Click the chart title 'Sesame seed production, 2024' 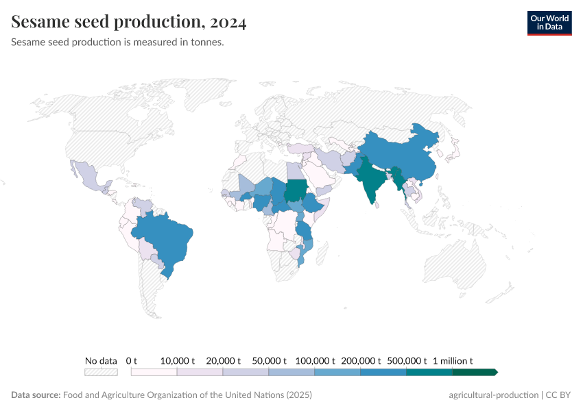coord(129,22)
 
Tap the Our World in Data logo coord(549,23)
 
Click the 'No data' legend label coord(101,360)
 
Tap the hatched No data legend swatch coord(101,372)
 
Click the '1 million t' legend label coord(453,360)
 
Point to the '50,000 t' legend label coord(269,360)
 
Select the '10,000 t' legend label coord(178,360)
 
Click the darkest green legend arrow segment coord(474,372)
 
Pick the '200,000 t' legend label coord(361,360)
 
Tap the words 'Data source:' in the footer coord(36,395)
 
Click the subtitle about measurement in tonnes coord(118,42)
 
